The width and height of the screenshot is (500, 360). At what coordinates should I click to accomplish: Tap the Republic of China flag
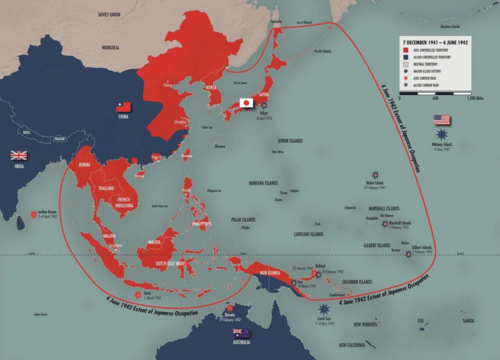[123, 107]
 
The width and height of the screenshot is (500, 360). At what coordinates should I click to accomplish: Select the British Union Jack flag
[19, 156]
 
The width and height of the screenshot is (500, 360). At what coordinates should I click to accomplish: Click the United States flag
[442, 120]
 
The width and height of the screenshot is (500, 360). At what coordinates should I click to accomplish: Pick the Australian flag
[242, 333]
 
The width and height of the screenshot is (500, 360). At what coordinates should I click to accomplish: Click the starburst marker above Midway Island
[442, 134]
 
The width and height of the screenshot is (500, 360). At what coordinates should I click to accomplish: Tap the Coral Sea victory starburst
[324, 308]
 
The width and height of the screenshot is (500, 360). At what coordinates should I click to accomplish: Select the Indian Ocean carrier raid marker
[34, 215]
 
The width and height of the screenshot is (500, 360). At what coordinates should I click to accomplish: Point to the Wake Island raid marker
[375, 175]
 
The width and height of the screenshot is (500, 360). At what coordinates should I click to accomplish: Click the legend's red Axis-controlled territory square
[406, 50]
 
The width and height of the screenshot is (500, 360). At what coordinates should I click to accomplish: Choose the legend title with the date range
[435, 42]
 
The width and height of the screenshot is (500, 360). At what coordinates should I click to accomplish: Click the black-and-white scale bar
[435, 93]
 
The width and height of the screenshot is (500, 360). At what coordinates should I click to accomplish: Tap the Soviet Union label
[109, 15]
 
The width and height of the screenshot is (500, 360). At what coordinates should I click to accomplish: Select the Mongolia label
[110, 47]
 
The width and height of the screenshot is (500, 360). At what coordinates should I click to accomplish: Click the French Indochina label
[124, 203]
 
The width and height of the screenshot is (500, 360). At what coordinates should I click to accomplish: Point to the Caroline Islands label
[308, 234]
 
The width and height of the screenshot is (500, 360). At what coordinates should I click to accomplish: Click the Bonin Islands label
[290, 141]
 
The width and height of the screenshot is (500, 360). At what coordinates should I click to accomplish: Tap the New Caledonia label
[352, 345]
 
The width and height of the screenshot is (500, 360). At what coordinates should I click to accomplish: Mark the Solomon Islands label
[357, 282]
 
